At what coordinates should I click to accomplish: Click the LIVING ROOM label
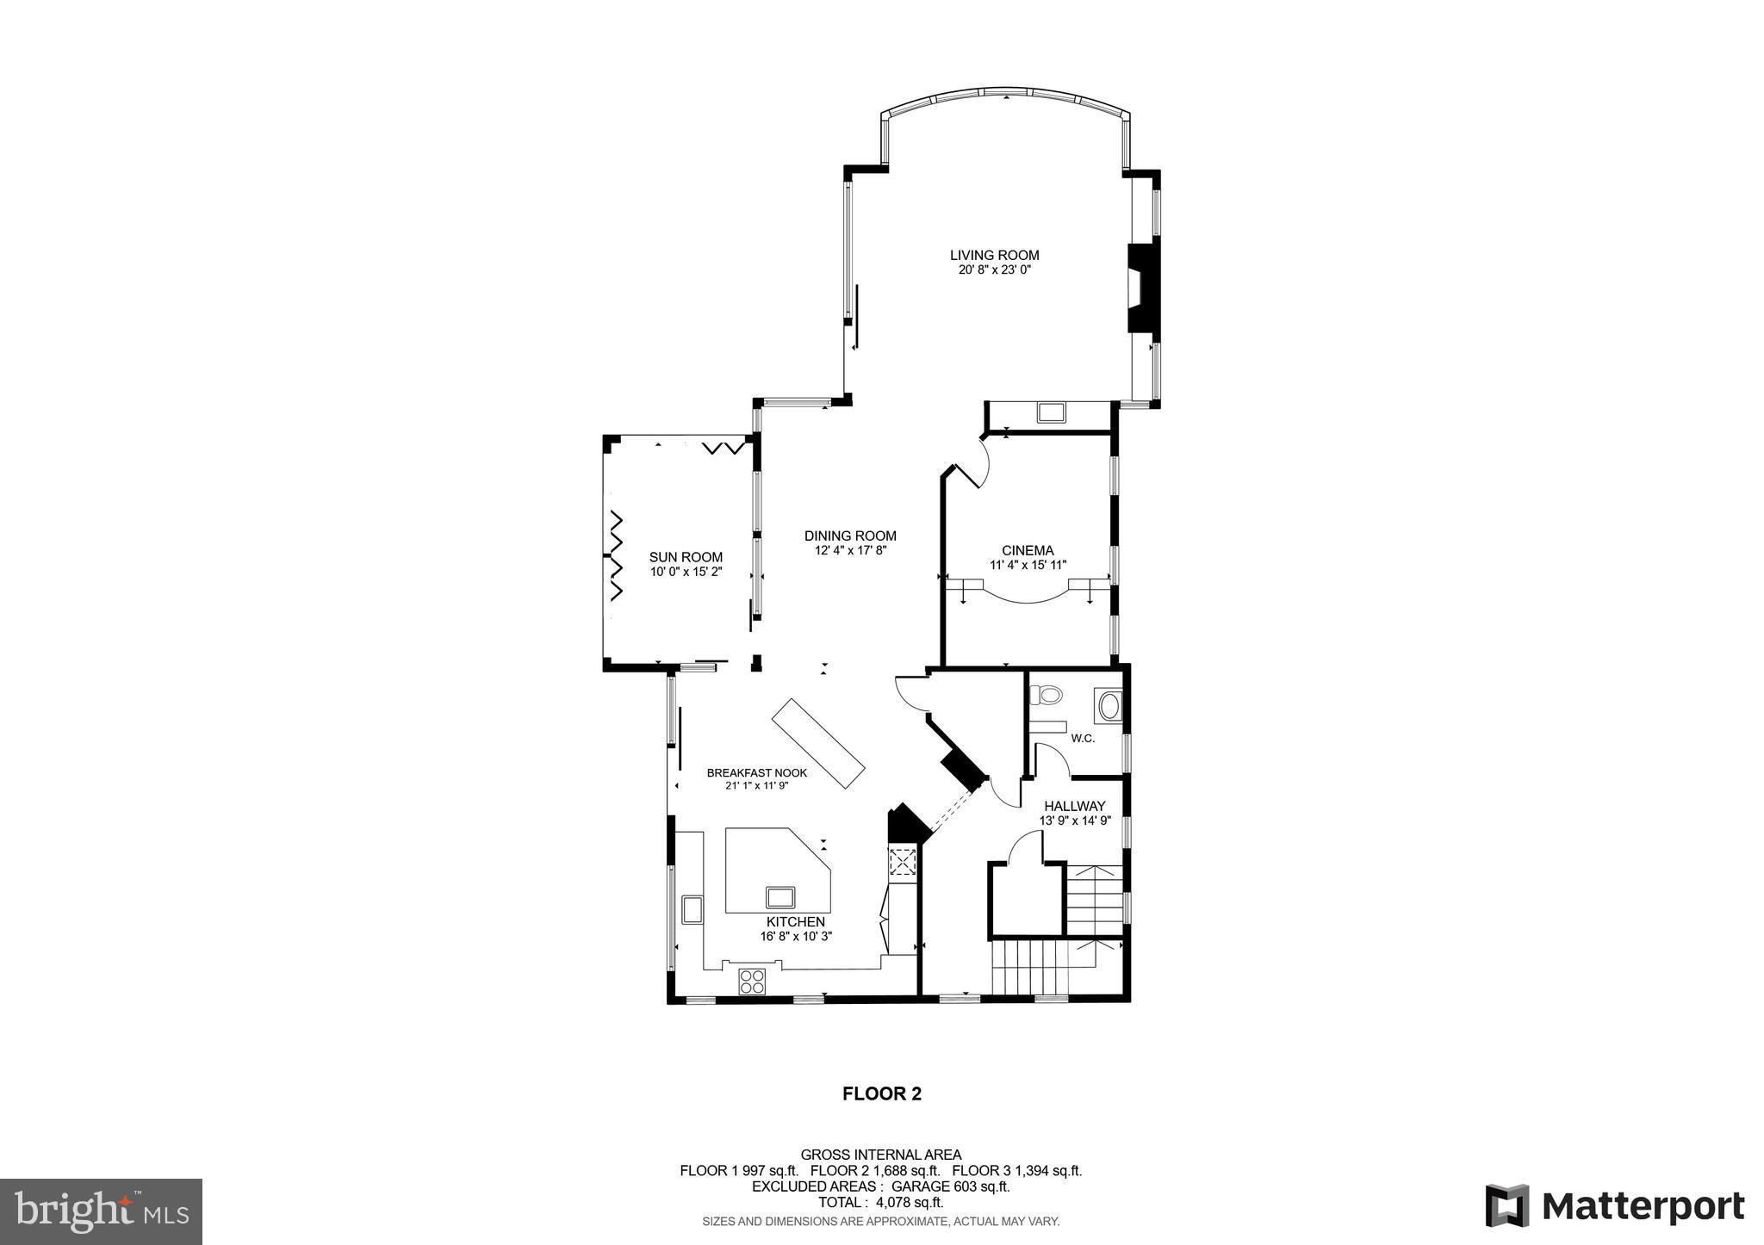pos(994,255)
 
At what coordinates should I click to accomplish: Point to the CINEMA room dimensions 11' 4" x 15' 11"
pos(1028,566)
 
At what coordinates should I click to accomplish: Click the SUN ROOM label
pos(686,557)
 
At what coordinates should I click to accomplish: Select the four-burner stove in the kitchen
pos(752,982)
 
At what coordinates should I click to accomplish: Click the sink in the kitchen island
pos(780,897)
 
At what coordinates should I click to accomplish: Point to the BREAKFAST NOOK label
pos(756,773)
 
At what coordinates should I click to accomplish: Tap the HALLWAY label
pos(1074,806)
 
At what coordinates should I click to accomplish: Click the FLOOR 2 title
pos(881,1094)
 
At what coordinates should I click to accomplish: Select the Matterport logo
pos(1614,1205)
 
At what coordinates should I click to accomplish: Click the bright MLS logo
pos(102,1211)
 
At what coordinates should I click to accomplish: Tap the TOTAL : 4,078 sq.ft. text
pos(880,1203)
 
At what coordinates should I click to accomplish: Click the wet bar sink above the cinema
pos(1051,412)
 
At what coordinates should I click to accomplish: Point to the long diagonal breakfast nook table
pos(817,742)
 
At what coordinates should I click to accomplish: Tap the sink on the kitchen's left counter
pos(692,909)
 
